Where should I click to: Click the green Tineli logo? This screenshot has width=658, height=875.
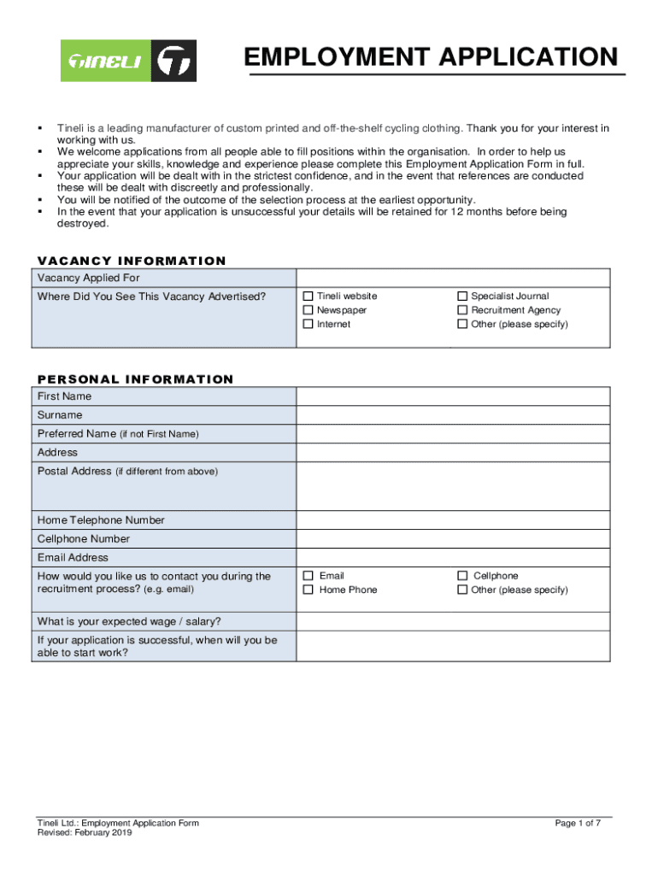coord(128,61)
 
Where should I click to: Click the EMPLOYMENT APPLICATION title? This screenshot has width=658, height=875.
coord(430,57)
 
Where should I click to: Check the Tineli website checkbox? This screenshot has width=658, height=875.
coord(308,297)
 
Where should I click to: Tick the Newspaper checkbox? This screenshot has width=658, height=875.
coord(308,310)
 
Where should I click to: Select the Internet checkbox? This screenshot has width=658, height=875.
coord(308,325)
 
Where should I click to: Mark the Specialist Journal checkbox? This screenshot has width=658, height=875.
coord(463,297)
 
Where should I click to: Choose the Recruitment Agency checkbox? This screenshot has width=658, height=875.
coord(463,310)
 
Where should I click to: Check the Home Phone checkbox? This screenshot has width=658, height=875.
coord(308,590)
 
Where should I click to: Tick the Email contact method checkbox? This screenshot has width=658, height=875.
coord(308,576)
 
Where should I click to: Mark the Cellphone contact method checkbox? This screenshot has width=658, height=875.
coord(463,576)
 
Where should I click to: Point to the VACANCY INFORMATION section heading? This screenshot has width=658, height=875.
coord(132,261)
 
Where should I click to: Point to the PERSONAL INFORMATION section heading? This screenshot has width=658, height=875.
coord(135,379)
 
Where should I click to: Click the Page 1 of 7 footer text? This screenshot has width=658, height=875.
coord(578,823)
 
